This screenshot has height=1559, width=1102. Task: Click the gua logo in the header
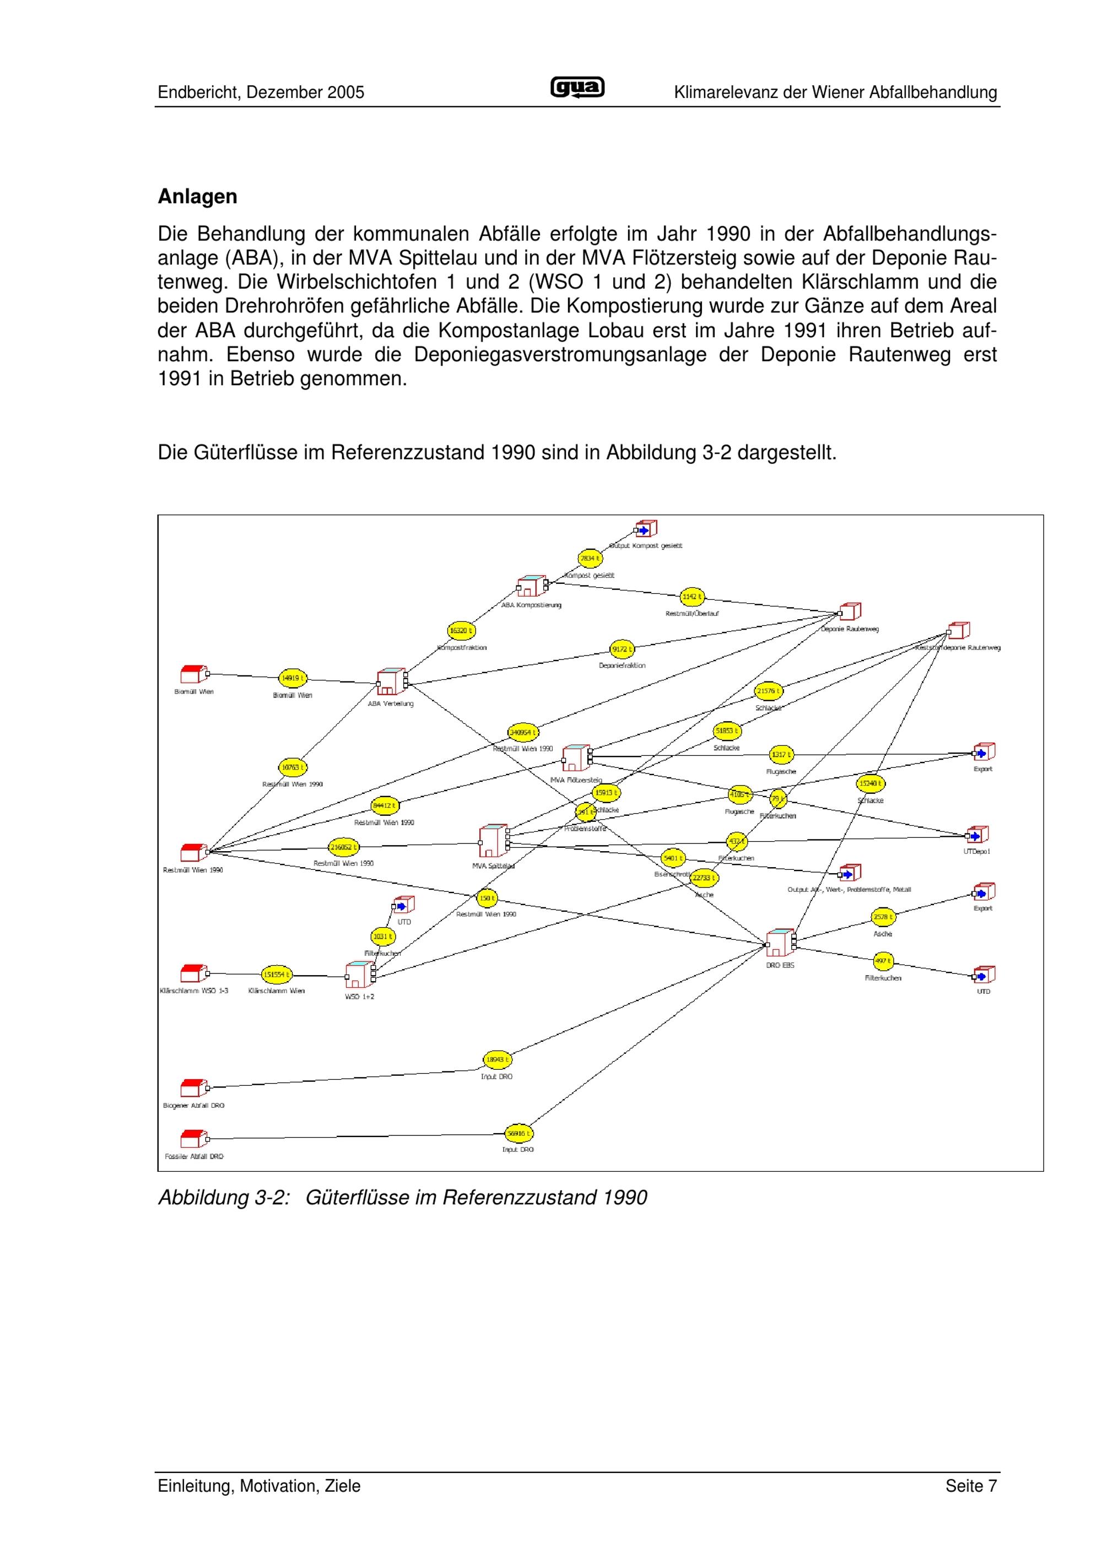coord(576,88)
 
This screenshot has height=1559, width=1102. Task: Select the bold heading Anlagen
coord(198,197)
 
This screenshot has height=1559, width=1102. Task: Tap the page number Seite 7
coord(971,1486)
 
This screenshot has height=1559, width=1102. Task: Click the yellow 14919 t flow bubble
coord(293,678)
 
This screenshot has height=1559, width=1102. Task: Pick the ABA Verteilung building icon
coord(391,682)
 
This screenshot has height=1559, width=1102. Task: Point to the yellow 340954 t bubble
coord(523,733)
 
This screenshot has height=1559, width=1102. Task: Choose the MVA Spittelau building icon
coord(493,841)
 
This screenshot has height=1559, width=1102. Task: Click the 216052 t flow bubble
coord(344,847)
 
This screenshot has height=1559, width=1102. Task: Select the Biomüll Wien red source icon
coord(193,674)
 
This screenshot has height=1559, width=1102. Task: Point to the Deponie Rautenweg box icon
coord(850,612)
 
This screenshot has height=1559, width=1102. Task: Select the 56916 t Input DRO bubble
coord(520,1133)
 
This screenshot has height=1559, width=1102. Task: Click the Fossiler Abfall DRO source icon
coord(193,1139)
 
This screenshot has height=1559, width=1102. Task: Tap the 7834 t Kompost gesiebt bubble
coord(590,558)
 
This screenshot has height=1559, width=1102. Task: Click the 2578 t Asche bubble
coord(883,917)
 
